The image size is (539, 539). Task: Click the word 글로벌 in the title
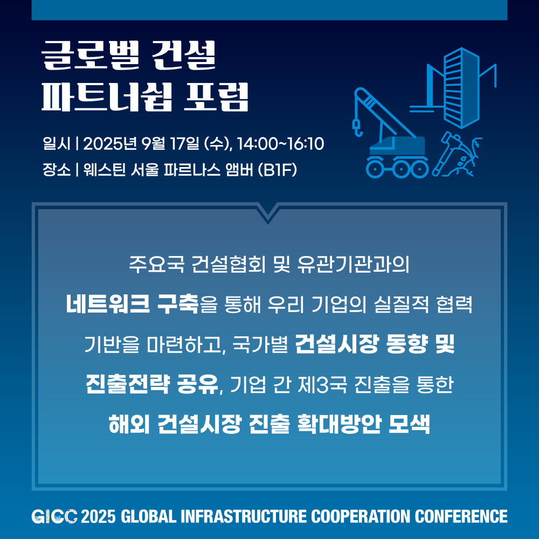[91, 55]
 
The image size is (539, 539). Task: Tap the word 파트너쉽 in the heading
[107, 96]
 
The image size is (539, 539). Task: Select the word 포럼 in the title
[216, 96]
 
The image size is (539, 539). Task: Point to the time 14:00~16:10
[280, 143]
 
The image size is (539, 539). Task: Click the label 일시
[57, 143]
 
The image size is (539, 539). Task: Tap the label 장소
[57, 169]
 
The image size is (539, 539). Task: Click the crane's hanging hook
[357, 127]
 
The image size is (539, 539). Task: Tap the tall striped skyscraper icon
[461, 87]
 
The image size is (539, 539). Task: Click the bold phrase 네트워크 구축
[133, 304]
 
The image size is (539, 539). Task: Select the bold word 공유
[198, 384]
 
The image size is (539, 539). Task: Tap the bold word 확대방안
[339, 424]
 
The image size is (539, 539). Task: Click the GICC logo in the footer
[54, 516]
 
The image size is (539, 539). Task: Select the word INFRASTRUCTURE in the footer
[244, 516]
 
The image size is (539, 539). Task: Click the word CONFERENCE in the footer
[461, 516]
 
